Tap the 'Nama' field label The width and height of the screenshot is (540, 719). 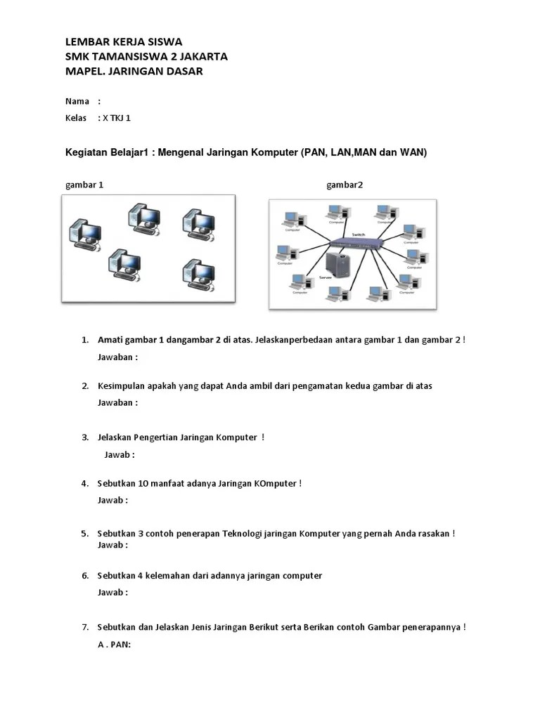77,101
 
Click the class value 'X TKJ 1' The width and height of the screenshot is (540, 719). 117,118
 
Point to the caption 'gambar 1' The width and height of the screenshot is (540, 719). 84,185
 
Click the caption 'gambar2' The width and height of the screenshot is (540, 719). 345,185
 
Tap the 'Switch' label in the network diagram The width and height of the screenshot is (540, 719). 358,234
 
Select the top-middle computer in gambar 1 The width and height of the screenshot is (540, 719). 143,218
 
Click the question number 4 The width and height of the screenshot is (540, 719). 84,484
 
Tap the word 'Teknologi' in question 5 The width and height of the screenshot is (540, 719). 242,534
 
